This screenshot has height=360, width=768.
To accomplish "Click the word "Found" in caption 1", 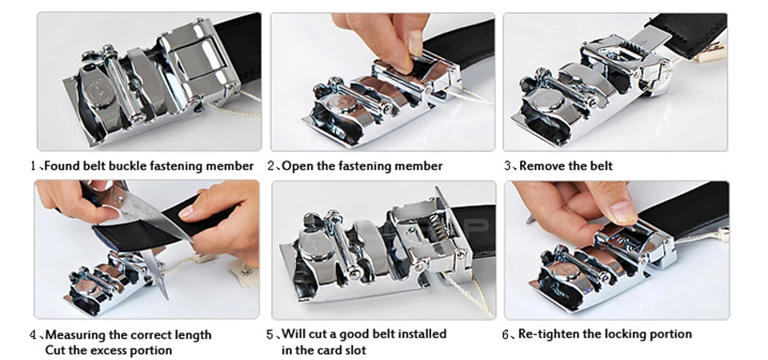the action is pyautogui.click(x=61, y=166).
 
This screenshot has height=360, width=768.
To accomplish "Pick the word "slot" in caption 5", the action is pyautogui.click(x=354, y=350).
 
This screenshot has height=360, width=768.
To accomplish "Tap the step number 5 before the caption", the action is pyautogui.click(x=270, y=335).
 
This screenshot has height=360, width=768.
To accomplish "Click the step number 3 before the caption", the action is pyautogui.click(x=507, y=166).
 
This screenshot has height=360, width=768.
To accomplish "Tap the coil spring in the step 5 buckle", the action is pyautogui.click(x=440, y=230).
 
